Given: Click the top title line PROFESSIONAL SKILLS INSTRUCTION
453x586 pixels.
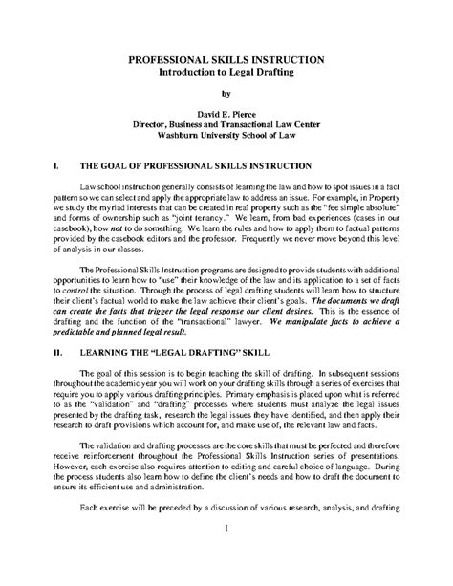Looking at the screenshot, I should click(x=226, y=59).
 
